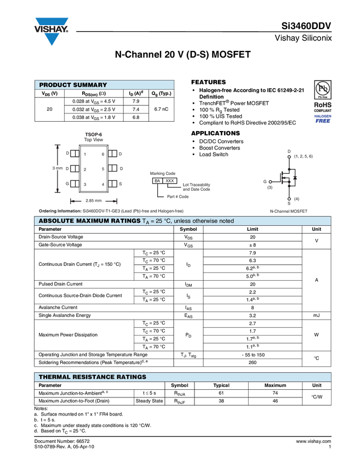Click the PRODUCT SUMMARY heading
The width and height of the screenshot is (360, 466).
pos(73,85)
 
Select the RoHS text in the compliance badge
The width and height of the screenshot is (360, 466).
pos(322,104)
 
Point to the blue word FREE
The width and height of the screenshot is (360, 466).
pos(322,121)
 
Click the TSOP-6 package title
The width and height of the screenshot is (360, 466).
pos(93,134)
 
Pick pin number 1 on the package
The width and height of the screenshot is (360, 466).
pos(84,155)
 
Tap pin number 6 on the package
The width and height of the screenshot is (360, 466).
pos(102,155)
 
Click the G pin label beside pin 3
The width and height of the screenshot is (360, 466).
pos(67,184)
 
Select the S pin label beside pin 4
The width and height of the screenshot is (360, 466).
pos(121,184)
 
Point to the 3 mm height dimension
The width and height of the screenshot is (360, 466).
pos(58,168)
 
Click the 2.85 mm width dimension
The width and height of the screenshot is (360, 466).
pos(93,201)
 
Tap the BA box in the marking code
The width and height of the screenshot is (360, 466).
pos(157,180)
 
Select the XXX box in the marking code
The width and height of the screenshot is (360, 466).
pos(170,180)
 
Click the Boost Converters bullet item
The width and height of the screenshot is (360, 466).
pos(219,148)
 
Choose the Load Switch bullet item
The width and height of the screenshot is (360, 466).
pos(214,155)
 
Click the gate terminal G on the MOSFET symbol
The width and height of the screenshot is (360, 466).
pos(265,181)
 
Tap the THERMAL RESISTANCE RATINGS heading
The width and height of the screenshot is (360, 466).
pos(92,377)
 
